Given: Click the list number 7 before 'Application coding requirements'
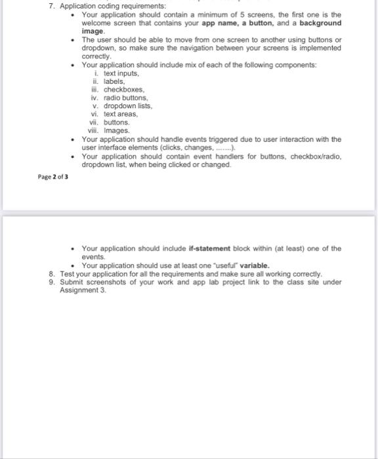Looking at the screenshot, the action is tap(52, 6).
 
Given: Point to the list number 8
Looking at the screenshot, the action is tap(52, 273).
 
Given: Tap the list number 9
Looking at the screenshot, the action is tap(52, 282).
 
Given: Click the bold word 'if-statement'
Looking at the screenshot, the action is tap(209, 249).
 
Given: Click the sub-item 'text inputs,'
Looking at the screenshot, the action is tap(122, 74).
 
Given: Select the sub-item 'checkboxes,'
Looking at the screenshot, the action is tap(124, 90).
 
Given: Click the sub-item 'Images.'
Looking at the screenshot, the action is tap(117, 130).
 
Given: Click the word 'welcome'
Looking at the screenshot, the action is tap(98, 23).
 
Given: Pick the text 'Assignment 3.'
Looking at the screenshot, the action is tap(83, 290).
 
